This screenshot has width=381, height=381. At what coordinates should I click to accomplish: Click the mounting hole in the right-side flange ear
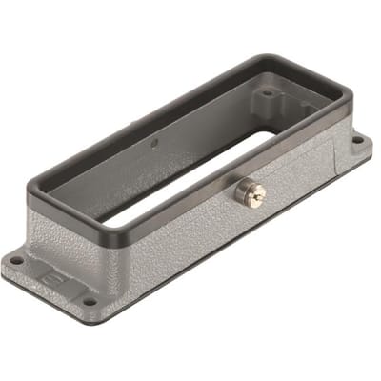357,141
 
